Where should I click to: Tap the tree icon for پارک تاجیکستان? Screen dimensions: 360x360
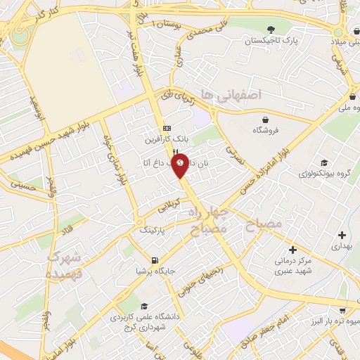click(270, 29)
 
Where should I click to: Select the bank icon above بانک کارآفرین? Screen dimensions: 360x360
click(167, 128)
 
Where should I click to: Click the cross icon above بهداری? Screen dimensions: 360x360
click(342, 235)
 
